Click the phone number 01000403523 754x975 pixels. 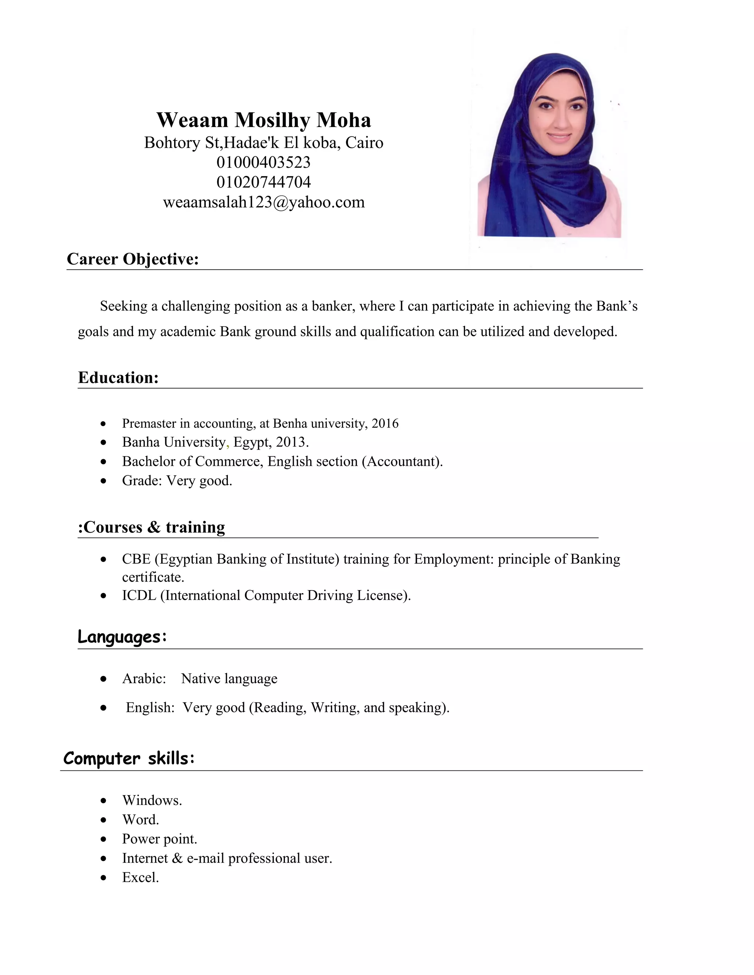263,162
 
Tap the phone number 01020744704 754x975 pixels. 263,182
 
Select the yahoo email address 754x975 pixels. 264,202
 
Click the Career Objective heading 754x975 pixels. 133,259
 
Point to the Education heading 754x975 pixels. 119,378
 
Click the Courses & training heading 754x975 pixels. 151,527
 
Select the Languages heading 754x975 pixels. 122,637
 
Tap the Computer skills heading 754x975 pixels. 128,759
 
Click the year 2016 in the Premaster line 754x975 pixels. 385,423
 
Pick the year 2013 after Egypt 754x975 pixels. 290,442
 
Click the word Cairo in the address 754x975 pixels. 364,143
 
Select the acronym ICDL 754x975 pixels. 139,596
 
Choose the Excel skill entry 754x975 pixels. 140,877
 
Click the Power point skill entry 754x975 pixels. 159,839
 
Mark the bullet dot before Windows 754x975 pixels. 103,801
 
